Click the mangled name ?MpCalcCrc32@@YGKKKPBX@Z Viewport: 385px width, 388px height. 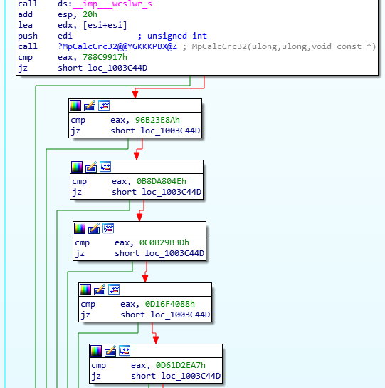[117, 46]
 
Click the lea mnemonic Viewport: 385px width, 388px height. [25, 25]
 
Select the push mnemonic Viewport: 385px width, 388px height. [27, 36]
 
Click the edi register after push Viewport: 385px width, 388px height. [65, 36]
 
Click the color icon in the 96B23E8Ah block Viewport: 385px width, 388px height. [76, 106]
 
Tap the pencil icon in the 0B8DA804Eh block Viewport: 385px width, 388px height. [92, 167]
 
